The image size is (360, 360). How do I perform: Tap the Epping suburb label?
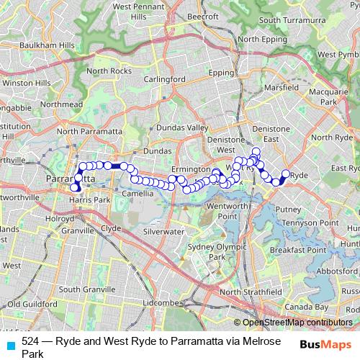(x=221, y=73)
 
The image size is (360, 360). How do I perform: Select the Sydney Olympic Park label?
(x=207, y=251)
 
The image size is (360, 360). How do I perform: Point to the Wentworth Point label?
(x=228, y=211)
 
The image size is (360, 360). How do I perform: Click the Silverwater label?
(x=163, y=232)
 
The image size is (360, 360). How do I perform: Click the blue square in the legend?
(x=10, y=344)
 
